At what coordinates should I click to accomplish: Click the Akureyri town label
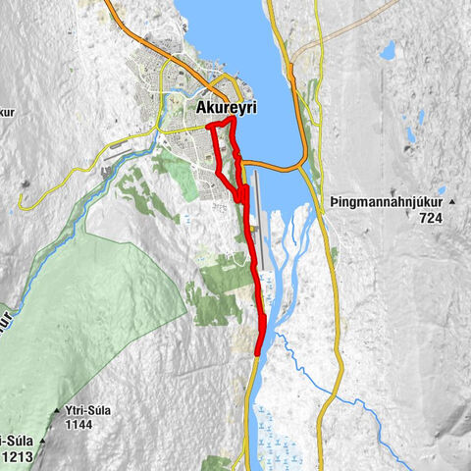(x=227, y=109)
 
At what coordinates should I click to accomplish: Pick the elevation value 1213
(x=19, y=456)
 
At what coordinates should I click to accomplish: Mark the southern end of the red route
(x=258, y=352)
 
